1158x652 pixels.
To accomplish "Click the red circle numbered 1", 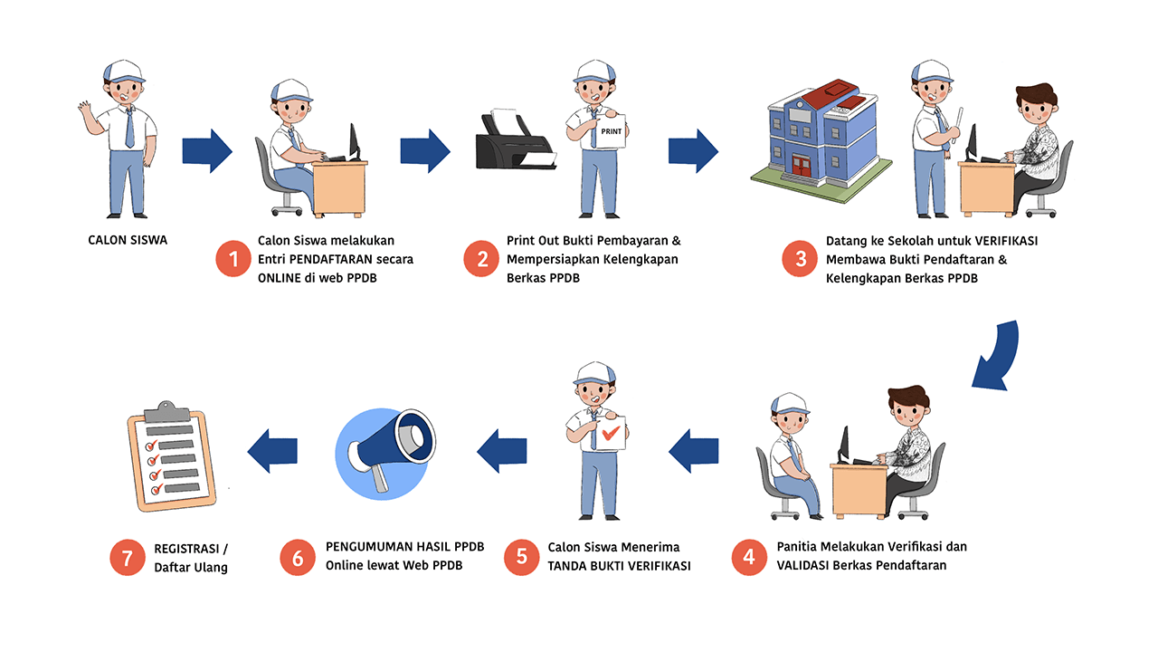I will point(233,260).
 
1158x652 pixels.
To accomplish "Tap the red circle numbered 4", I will point(749,557).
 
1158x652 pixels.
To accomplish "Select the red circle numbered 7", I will point(128,558).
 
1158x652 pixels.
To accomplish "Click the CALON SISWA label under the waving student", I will point(128,240).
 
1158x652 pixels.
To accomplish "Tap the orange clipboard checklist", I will point(172,458).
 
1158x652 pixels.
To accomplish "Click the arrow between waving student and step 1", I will point(207,150).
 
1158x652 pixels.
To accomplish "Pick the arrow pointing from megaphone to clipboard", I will point(272,450).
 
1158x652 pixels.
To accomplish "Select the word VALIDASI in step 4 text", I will point(806,565).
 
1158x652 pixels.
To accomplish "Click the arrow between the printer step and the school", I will point(693,150).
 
